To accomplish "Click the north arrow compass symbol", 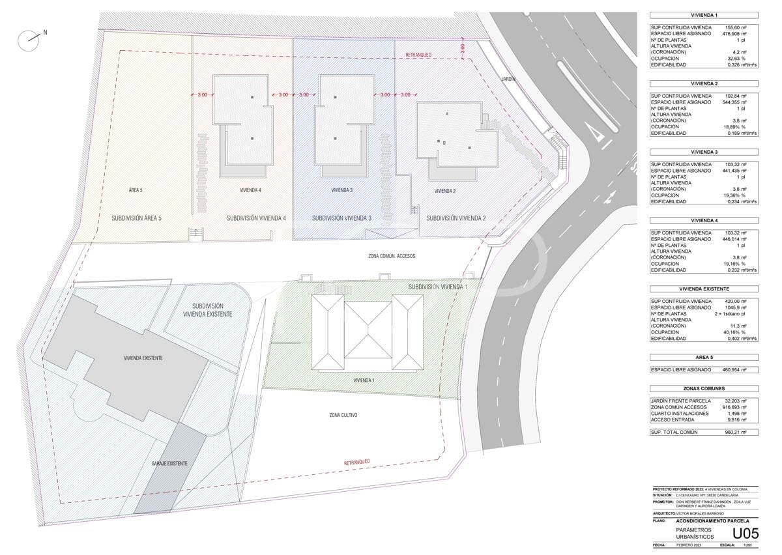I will (x=29, y=41).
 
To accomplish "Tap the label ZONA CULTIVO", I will (x=343, y=415).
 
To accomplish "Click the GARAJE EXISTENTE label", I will (x=169, y=463).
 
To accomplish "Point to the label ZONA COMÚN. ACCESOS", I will (x=391, y=256).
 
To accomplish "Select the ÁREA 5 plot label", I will (x=136, y=190).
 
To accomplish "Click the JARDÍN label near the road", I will (x=508, y=78).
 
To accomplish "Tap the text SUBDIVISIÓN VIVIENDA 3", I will (x=341, y=218).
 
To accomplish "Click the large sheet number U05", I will (x=746, y=534).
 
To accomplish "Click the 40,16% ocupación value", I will (x=735, y=332).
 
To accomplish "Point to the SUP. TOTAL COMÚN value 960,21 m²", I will (x=735, y=432).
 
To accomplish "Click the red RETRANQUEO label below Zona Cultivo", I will (x=357, y=462).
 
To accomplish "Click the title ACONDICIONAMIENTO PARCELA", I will (x=712, y=521).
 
